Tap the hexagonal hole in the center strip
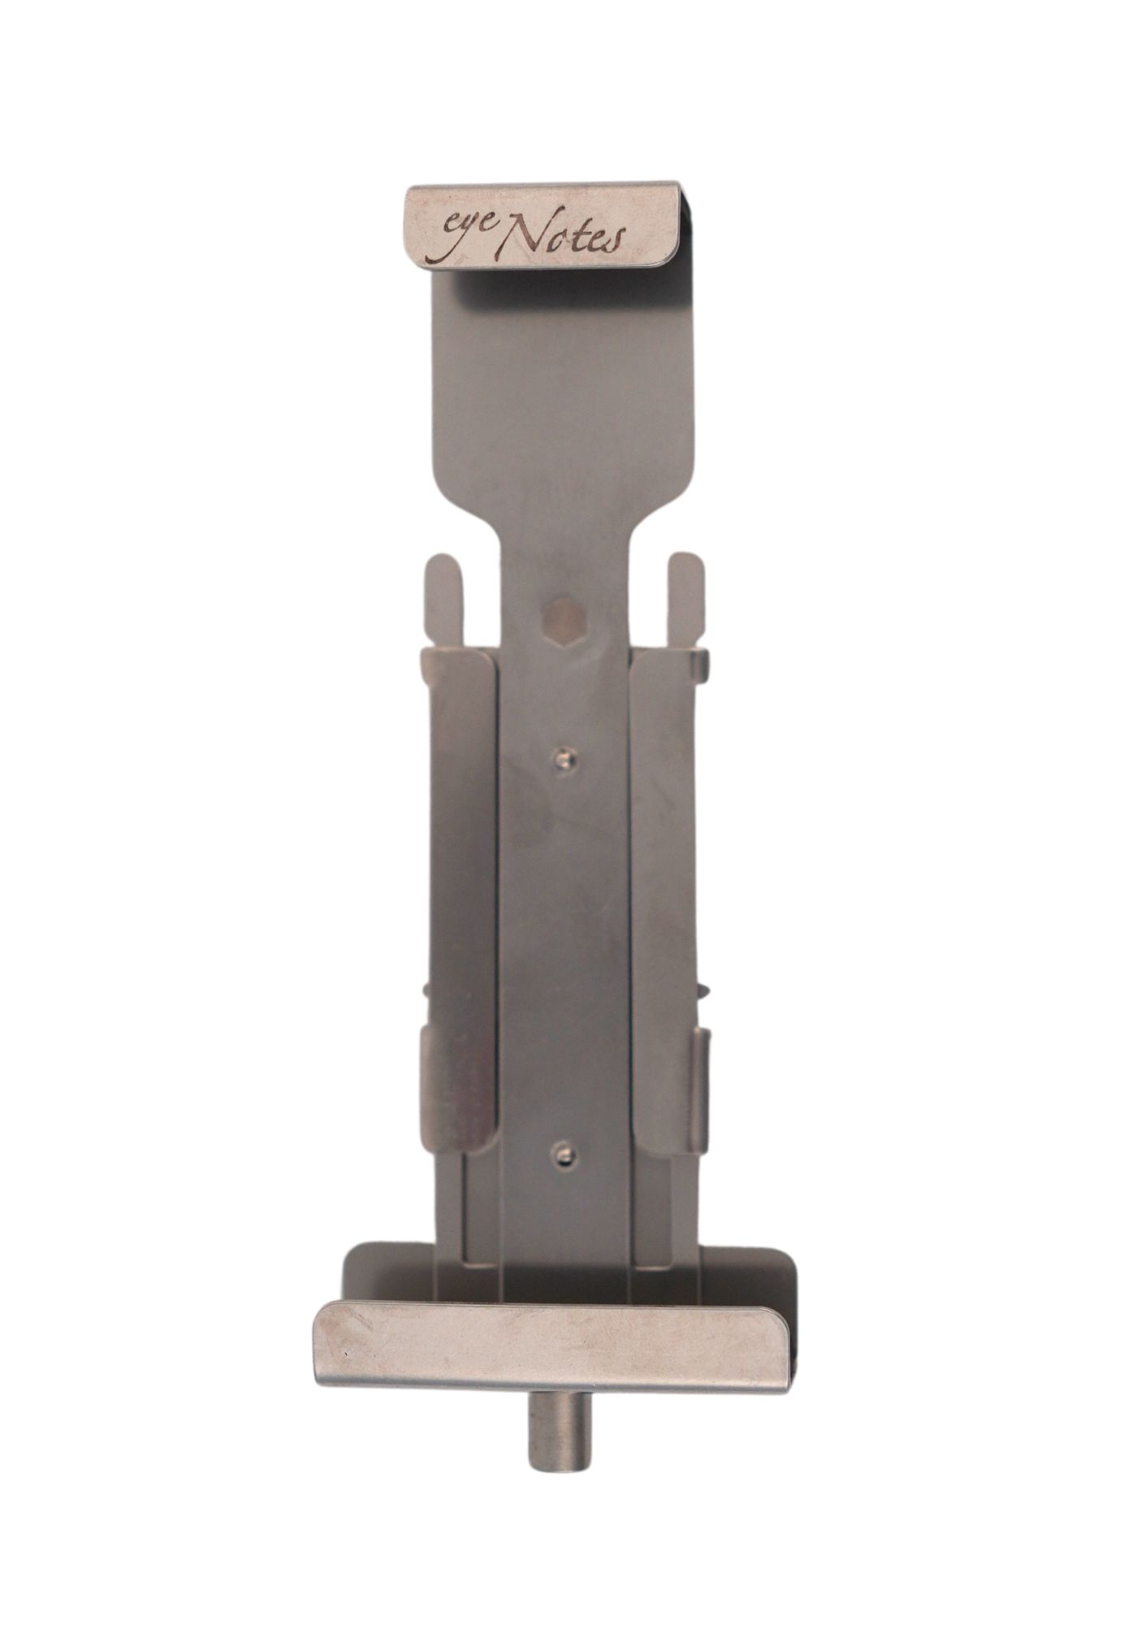[x=564, y=622]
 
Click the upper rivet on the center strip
[x=565, y=758]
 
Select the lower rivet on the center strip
[x=565, y=1153]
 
